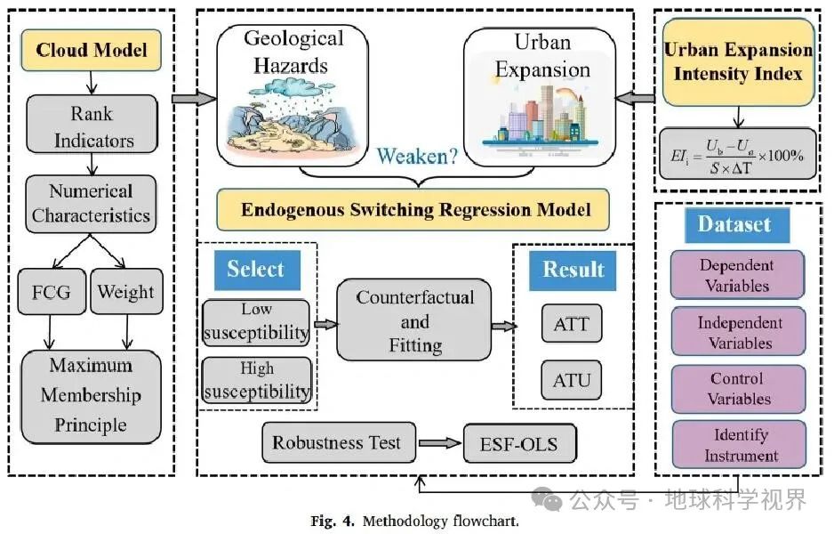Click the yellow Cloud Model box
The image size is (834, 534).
point(91,49)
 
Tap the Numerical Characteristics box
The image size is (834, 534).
point(91,204)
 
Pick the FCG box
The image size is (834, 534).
point(50,291)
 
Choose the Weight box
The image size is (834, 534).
point(125,291)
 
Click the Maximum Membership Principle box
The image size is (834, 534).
point(91,395)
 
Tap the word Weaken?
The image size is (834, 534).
point(417,157)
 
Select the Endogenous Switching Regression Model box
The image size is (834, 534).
point(415,211)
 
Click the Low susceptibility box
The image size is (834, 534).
point(256,322)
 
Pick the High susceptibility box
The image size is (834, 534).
point(256,380)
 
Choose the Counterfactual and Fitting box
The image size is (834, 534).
point(414,321)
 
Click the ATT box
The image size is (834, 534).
point(571,323)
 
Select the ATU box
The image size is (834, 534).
point(571,381)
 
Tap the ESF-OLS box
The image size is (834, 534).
point(519,442)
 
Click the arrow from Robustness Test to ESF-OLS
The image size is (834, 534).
point(439,442)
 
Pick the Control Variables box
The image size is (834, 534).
point(738,388)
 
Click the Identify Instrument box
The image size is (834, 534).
point(738,445)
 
